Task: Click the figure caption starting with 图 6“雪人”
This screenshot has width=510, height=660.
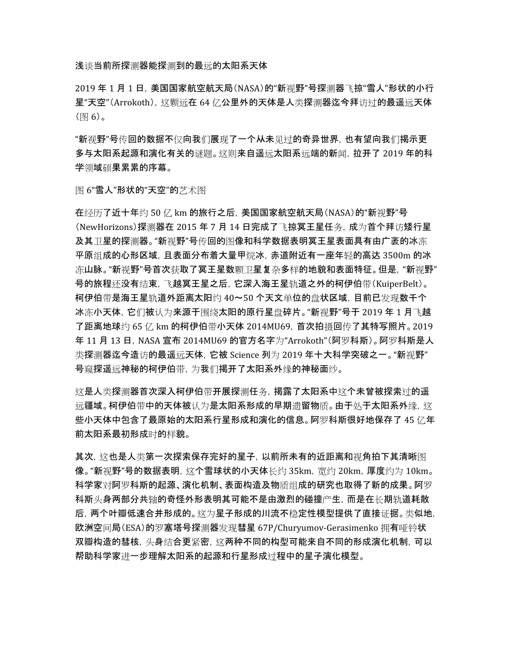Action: (141, 190)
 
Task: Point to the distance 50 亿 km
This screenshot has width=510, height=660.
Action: (170, 212)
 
